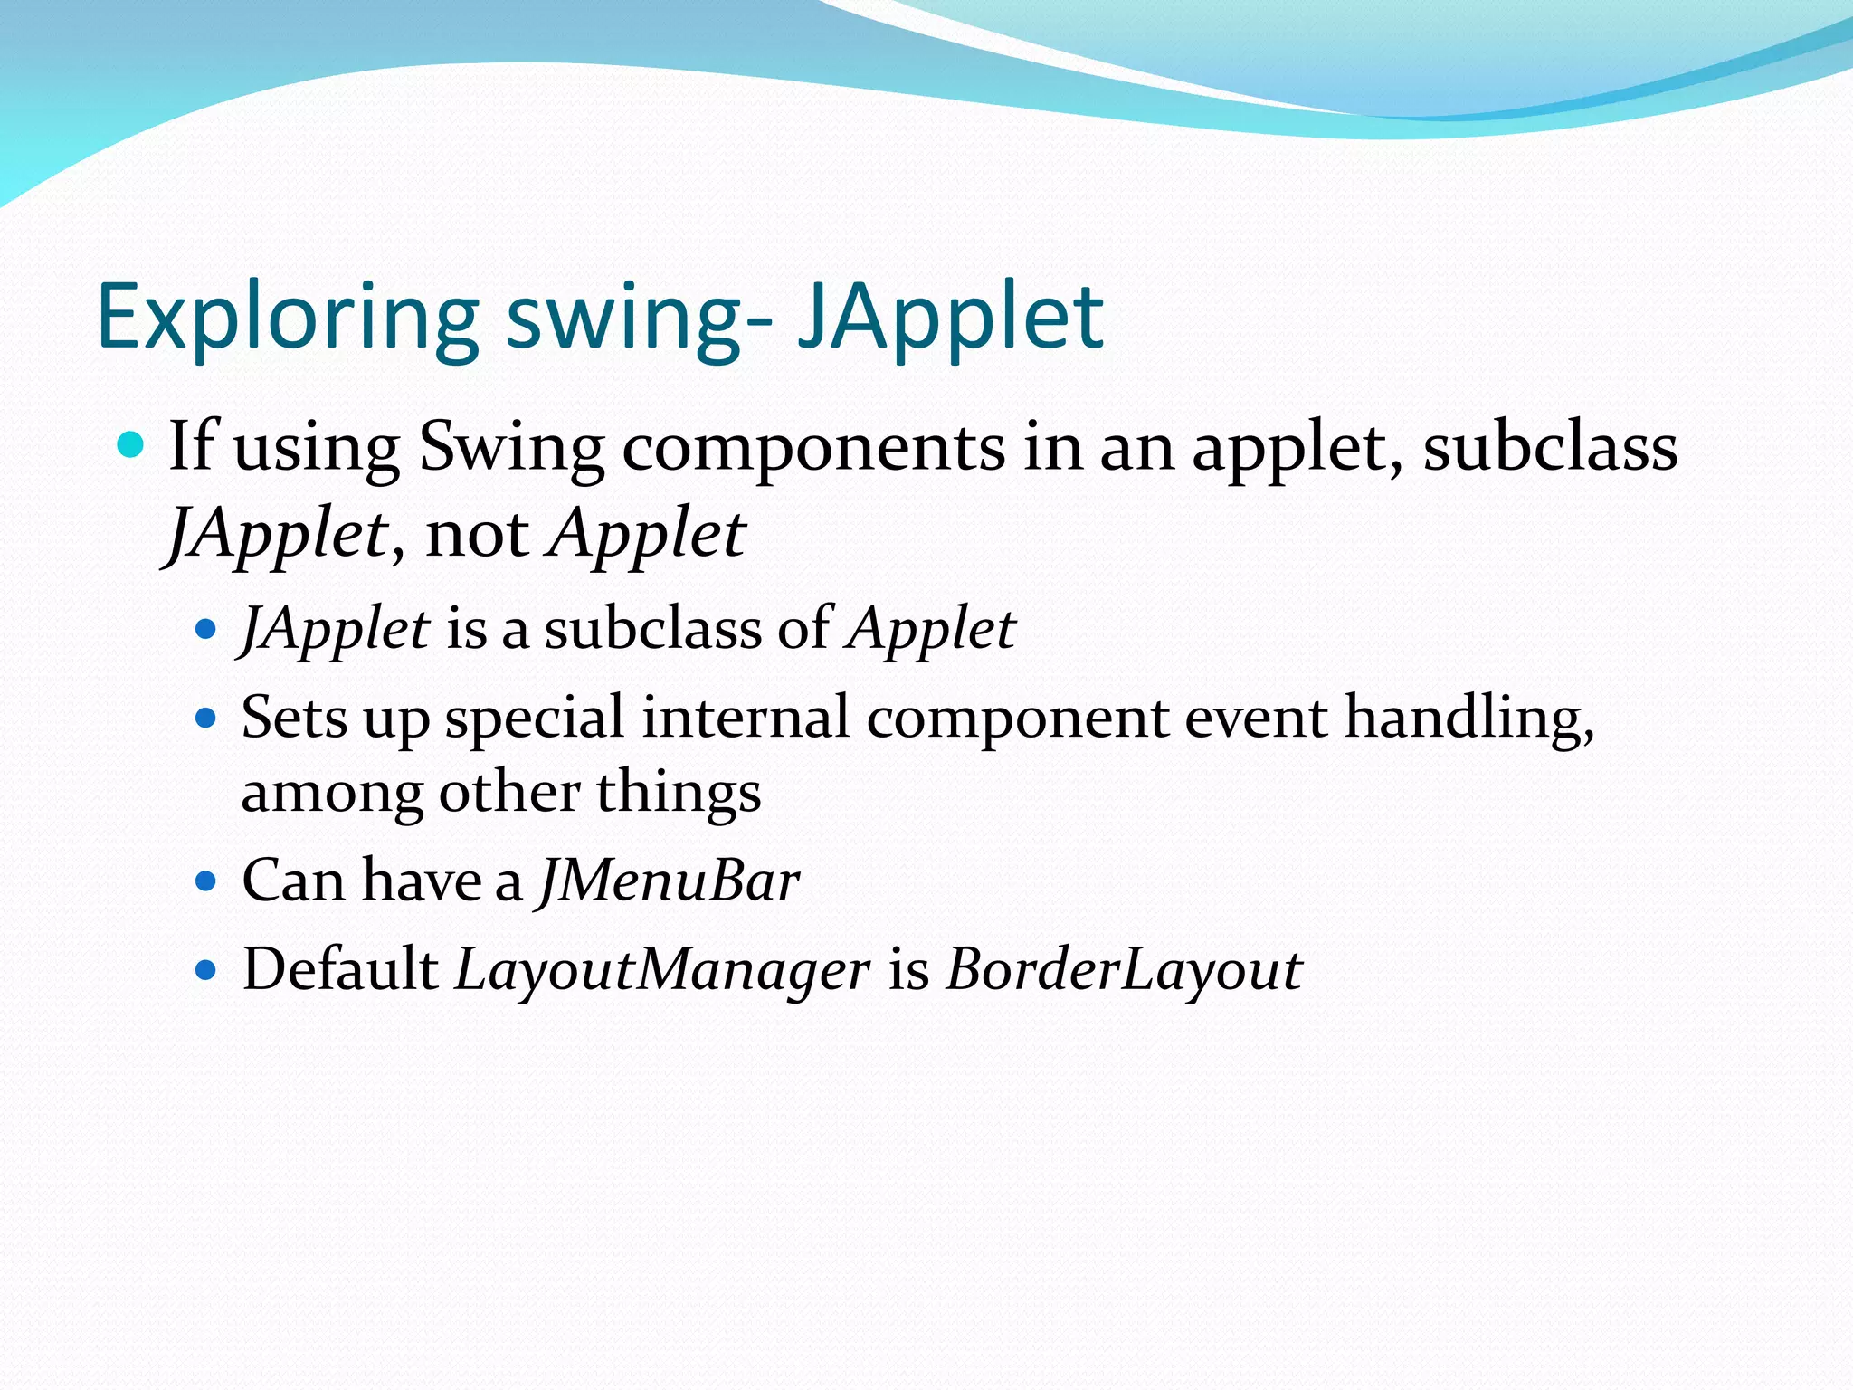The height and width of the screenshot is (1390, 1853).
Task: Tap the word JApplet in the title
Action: point(950,317)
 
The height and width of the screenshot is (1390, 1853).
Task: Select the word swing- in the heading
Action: point(639,317)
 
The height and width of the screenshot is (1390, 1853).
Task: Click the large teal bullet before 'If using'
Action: point(132,445)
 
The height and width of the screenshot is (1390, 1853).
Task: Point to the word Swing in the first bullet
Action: point(512,447)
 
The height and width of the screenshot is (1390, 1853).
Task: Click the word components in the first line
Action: point(813,447)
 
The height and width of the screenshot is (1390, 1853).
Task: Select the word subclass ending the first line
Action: point(1550,447)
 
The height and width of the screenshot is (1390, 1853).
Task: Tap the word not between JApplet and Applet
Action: point(477,534)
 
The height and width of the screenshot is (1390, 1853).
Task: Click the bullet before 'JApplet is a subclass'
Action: point(207,629)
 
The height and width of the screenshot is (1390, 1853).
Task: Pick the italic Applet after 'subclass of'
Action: point(931,629)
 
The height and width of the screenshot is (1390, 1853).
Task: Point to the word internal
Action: point(746,718)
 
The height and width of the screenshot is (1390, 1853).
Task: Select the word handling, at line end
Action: point(1468,718)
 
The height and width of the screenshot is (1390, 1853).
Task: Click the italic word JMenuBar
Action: point(670,881)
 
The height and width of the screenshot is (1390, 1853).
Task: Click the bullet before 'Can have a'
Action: point(207,881)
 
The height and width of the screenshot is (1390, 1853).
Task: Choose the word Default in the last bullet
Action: point(340,969)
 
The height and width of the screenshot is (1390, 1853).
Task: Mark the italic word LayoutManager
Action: point(662,969)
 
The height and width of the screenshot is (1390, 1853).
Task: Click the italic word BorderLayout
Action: point(1124,969)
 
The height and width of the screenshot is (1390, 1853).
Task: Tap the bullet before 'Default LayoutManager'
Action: point(207,971)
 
